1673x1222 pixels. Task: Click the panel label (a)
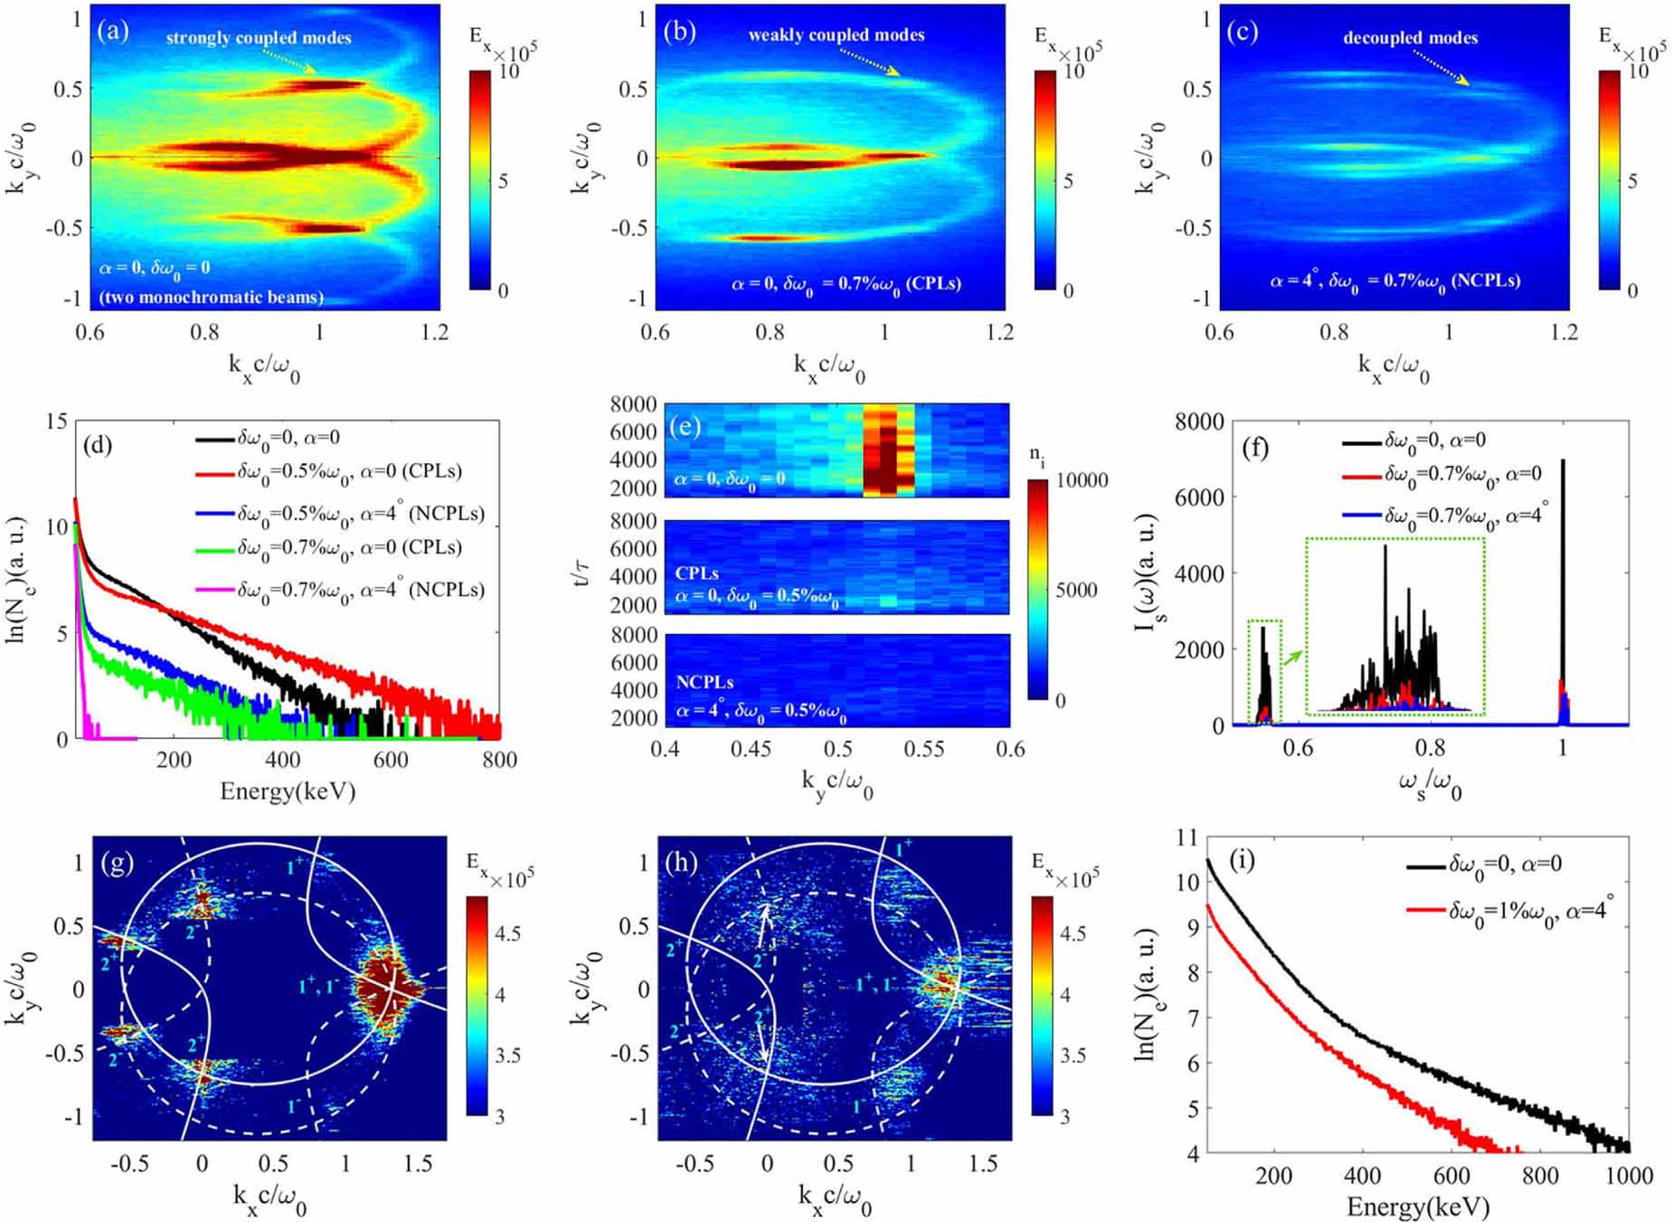[x=112, y=32]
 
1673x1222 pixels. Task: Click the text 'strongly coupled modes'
[x=259, y=38]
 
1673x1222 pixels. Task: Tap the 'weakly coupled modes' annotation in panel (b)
[x=836, y=35]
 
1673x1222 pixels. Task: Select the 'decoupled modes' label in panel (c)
[x=1410, y=38]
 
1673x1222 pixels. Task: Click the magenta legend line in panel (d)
[x=213, y=591]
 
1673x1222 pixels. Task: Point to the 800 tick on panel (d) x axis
[x=498, y=760]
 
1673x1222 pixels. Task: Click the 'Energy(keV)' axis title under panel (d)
[x=288, y=791]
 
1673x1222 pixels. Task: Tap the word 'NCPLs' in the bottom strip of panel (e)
[x=704, y=683]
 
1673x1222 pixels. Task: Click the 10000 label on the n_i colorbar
[x=1082, y=480]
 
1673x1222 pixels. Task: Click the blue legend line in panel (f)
[x=1360, y=515]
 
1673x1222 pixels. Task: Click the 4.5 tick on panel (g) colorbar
[x=507, y=933]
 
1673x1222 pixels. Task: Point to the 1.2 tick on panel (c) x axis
[x=1564, y=332]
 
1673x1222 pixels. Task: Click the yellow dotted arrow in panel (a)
[x=289, y=62]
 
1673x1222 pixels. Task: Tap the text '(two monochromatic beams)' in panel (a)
[x=211, y=297]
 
